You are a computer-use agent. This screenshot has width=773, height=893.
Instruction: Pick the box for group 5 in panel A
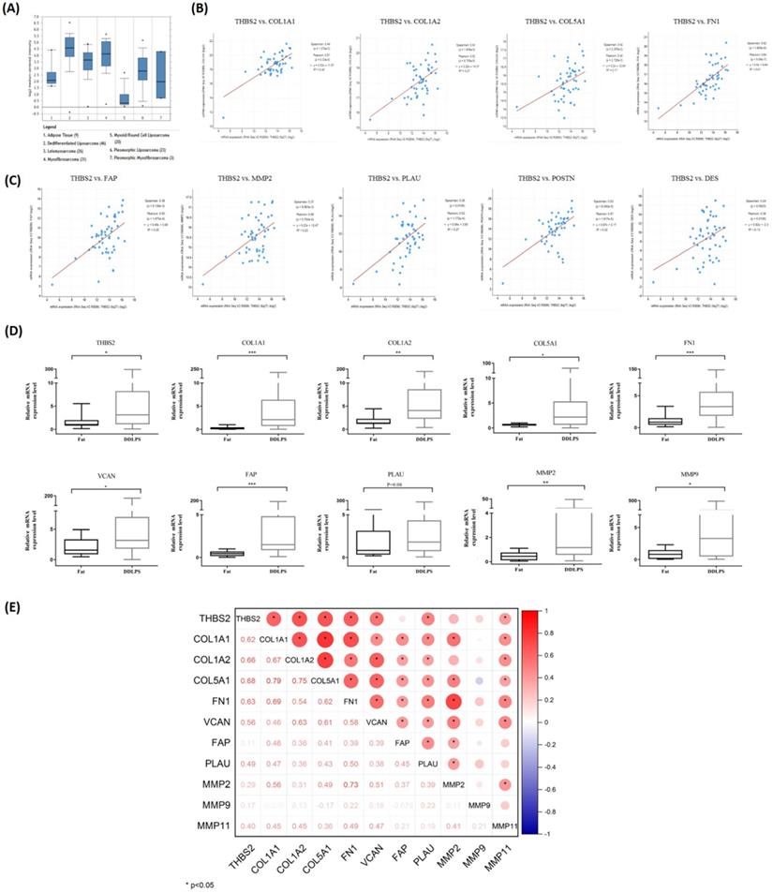(x=124, y=98)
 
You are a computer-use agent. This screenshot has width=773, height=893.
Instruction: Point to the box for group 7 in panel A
(x=161, y=75)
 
